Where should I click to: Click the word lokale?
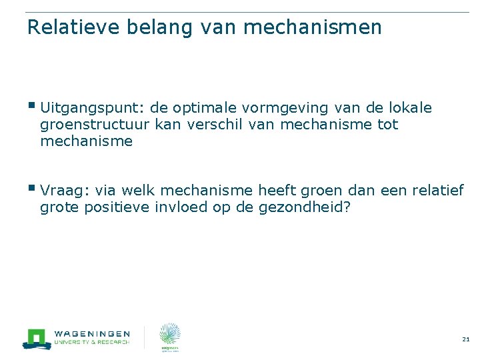pos(409,108)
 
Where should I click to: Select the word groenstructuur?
pos(95,125)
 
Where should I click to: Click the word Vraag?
pos(60,191)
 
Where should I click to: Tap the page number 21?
pos(465,339)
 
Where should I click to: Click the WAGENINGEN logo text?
pos(91,333)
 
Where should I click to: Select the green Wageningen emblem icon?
pos(37,338)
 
